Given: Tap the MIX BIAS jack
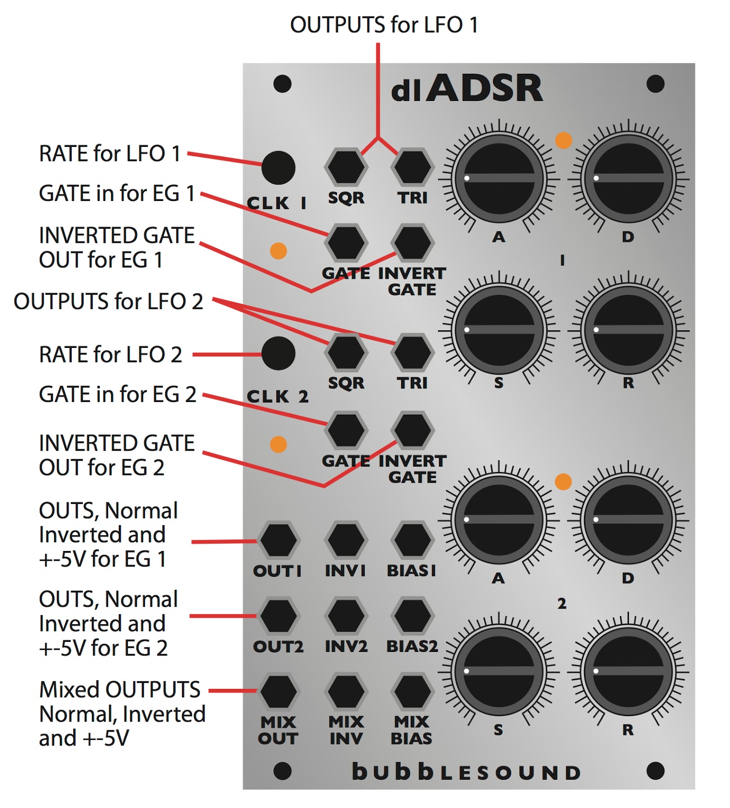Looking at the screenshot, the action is click(x=412, y=692).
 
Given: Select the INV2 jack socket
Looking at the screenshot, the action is click(x=346, y=616).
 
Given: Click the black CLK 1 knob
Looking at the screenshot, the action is click(x=278, y=168).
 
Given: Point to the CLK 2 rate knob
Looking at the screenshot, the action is click(x=278, y=353).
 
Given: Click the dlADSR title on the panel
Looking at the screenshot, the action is click(x=467, y=89).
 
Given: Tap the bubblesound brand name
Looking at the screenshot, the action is click(x=466, y=772).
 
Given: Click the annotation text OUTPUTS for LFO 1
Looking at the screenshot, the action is click(x=384, y=25).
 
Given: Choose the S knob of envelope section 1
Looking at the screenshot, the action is click(x=499, y=330).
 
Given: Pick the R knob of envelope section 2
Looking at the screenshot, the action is click(x=628, y=671).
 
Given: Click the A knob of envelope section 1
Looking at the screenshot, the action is click(x=499, y=178).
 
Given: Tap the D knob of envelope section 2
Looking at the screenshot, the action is click(x=628, y=519).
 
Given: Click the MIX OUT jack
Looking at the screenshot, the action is click(x=278, y=692).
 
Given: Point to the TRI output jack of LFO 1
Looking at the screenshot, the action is click(x=412, y=167).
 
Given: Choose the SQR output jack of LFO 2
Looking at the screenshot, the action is click(x=346, y=352).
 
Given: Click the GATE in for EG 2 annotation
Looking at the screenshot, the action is click(x=117, y=394).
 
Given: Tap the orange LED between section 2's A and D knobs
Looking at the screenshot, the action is click(x=563, y=481).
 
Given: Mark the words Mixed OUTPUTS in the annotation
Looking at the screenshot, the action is click(x=120, y=690).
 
